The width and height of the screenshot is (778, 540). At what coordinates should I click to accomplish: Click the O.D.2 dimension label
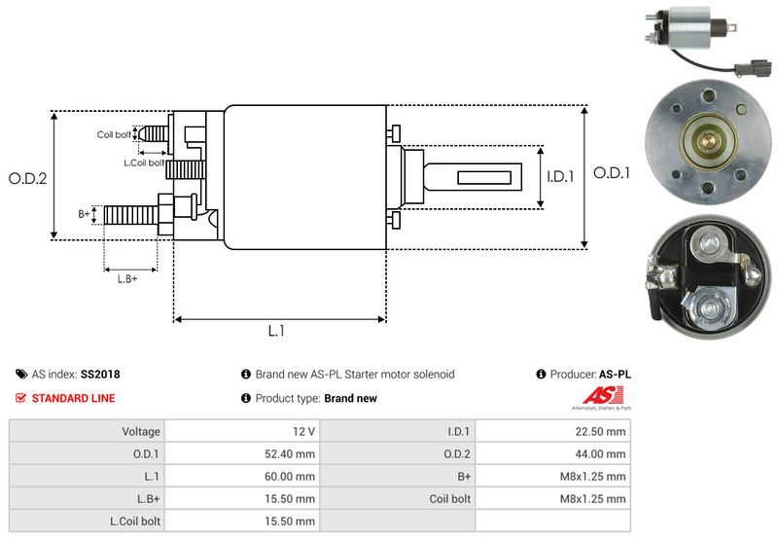pos(28,178)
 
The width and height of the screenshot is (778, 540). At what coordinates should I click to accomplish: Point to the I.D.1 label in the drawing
pos(561,177)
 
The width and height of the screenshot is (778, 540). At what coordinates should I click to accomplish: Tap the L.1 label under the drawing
pos(276,331)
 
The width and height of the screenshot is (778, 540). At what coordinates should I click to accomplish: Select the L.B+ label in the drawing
pos(127,279)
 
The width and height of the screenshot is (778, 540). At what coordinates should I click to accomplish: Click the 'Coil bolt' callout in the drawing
pos(114,134)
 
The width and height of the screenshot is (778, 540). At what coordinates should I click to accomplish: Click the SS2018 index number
pos(100,374)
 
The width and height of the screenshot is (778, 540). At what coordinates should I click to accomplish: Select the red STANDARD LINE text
pos(73,398)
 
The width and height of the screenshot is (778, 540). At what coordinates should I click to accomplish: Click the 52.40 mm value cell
pos(291,453)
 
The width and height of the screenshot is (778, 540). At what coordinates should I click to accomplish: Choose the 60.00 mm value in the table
pos(291,476)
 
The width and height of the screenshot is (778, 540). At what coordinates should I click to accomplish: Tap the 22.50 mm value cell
pos(603,431)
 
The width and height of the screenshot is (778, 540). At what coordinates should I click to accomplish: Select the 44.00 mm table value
pos(603,453)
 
